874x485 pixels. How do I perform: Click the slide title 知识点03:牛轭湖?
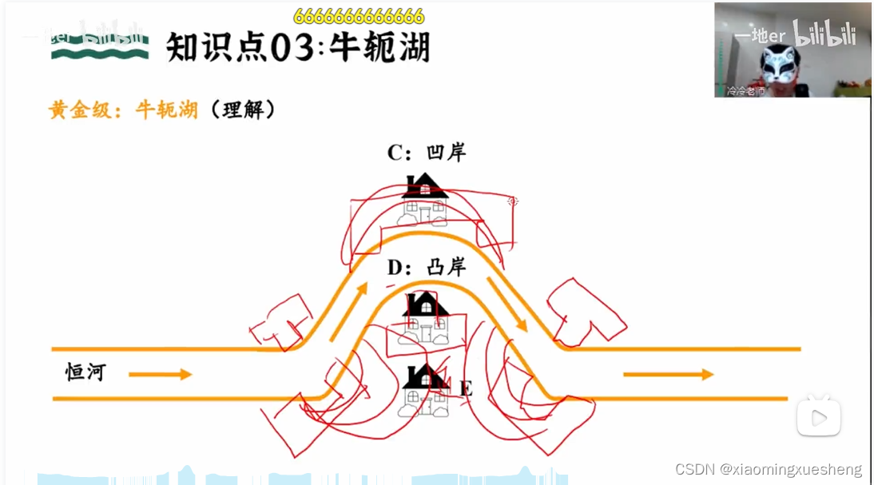pos(297,48)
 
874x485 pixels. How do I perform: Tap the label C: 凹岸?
pos(426,152)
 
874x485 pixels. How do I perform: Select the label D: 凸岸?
pos(426,267)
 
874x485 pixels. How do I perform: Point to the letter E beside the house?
pos(467,389)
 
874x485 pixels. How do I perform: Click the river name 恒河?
pos(85,372)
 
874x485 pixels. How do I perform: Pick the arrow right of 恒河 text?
pos(160,374)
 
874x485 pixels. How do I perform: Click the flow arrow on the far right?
pos(668,374)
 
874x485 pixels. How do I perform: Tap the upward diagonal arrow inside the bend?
pos(348,310)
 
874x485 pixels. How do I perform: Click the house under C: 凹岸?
pos(424,200)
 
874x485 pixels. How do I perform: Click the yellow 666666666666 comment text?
pos(359,17)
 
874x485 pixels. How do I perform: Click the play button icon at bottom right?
pos(818,416)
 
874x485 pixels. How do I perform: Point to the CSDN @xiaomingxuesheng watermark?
pos(768,469)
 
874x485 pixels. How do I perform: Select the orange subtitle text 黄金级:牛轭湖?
pos(123,109)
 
